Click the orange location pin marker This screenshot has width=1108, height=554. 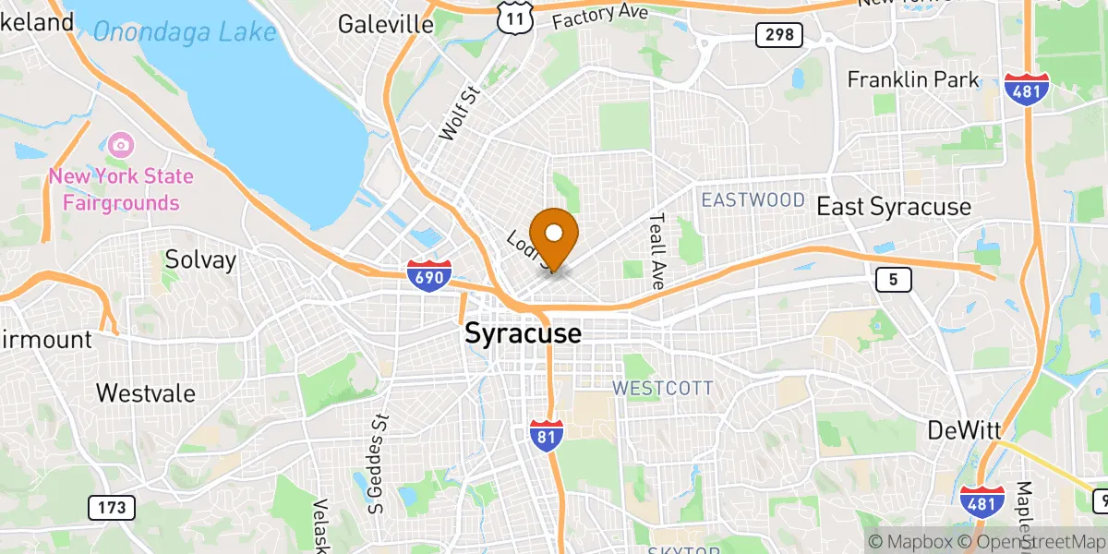pyautogui.click(x=554, y=236)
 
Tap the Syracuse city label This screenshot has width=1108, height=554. pyautogui.click(x=523, y=333)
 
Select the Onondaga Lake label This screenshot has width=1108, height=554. pyautogui.click(x=185, y=32)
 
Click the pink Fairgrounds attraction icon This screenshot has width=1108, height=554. pyautogui.click(x=120, y=145)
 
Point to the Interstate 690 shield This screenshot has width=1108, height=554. pyautogui.click(x=428, y=274)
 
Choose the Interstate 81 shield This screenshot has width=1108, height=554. pyautogui.click(x=548, y=434)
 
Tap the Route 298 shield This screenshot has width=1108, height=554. pyautogui.click(x=778, y=36)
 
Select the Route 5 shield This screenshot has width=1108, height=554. pyautogui.click(x=895, y=280)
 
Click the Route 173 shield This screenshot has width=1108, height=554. pyautogui.click(x=112, y=507)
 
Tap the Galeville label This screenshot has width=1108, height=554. pyautogui.click(x=386, y=24)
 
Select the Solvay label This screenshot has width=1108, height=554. pyautogui.click(x=200, y=260)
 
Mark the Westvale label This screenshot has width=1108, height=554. pyautogui.click(x=146, y=393)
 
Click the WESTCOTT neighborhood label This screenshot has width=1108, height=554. pyautogui.click(x=662, y=388)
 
